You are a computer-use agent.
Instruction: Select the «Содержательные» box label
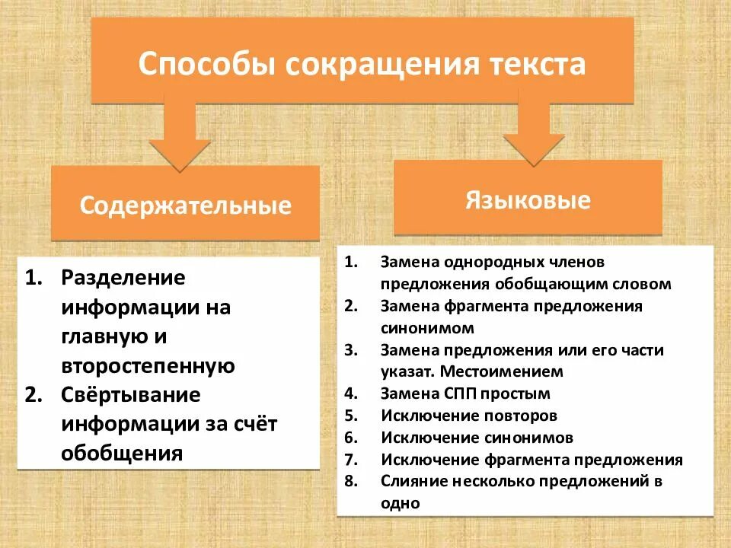coord(186,205)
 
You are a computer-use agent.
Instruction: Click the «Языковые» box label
coord(528,200)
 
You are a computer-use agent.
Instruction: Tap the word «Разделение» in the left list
coord(123,278)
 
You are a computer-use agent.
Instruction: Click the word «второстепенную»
coord(148,365)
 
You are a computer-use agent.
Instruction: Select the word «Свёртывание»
coord(131,395)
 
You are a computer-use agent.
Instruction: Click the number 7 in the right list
coord(350,460)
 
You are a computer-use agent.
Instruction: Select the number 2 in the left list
coord(34,395)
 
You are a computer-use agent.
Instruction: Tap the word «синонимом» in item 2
coord(427,328)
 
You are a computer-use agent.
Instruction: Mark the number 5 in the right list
coord(350,416)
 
